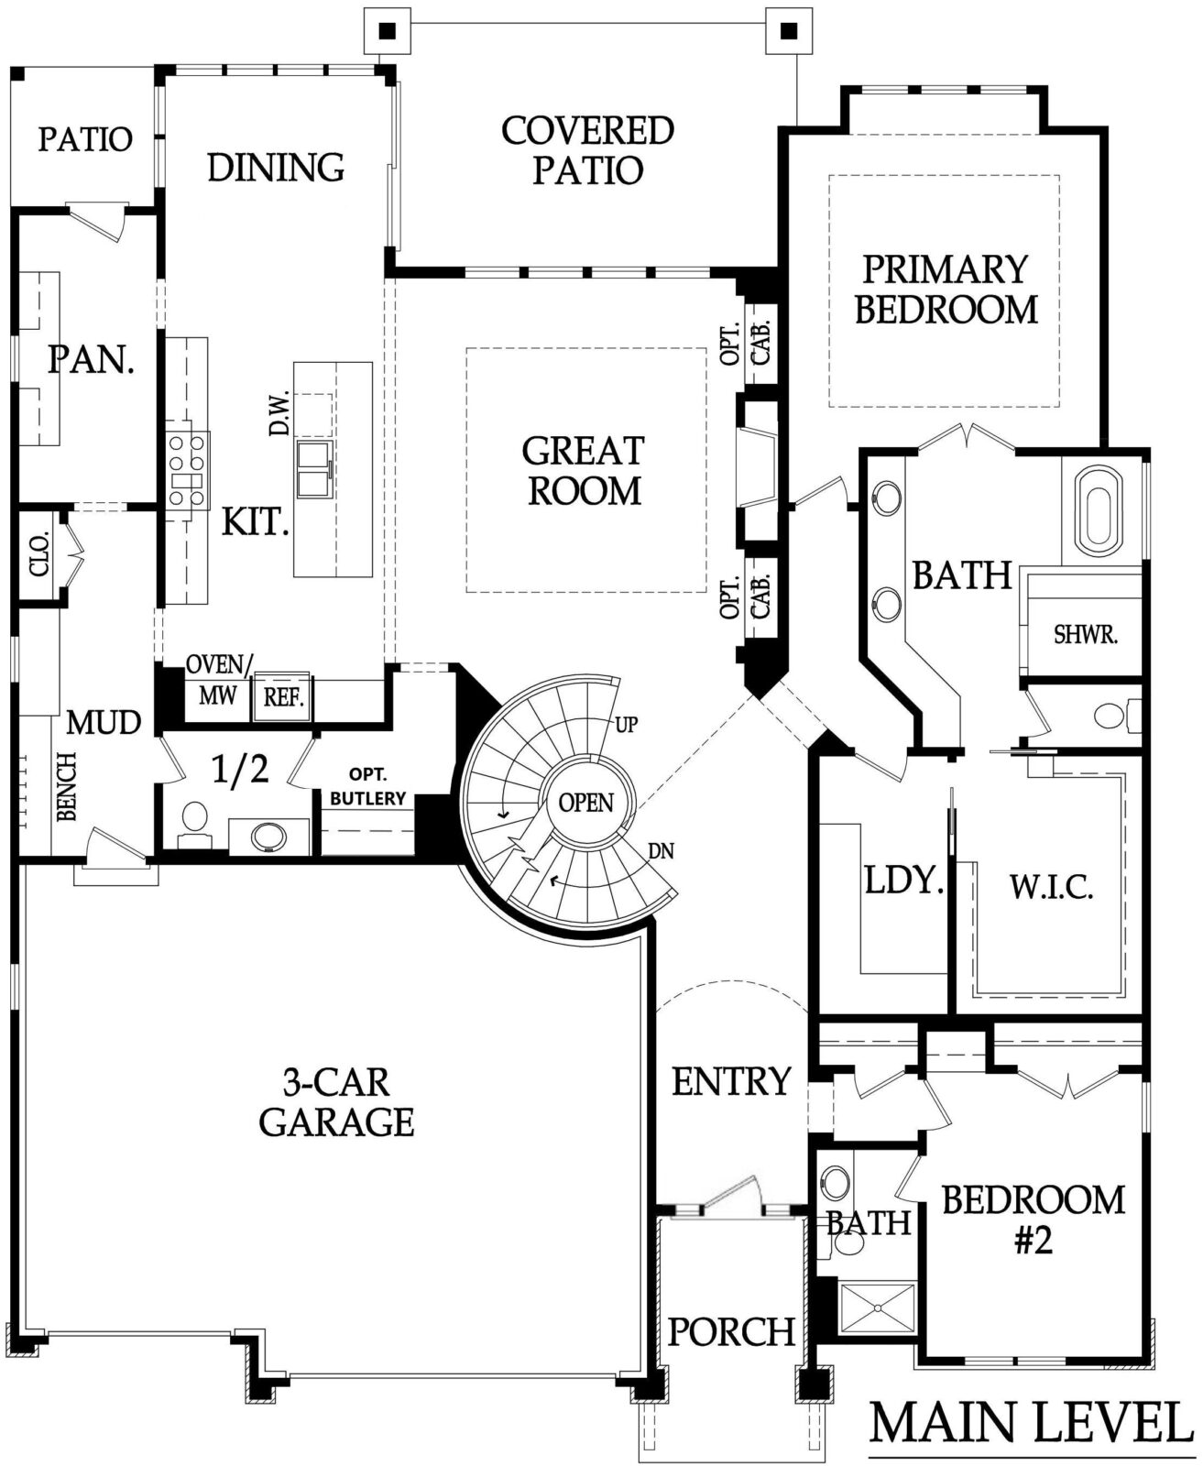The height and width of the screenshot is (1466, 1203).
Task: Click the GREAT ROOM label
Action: click(x=583, y=471)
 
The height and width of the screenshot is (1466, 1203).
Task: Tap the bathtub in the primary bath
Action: click(x=1098, y=507)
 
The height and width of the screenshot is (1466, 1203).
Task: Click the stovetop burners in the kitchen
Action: click(x=187, y=471)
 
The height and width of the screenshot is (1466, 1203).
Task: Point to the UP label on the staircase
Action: click(x=626, y=725)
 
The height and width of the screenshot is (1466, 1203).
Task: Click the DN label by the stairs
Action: click(x=661, y=851)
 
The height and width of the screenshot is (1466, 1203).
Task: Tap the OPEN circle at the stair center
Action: click(x=585, y=803)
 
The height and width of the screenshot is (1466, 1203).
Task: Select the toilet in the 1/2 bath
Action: click(x=194, y=825)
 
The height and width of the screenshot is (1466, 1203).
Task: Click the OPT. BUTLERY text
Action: click(x=367, y=786)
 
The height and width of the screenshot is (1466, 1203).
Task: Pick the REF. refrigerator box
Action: click(x=283, y=696)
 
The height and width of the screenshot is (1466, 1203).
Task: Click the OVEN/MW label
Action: click(x=217, y=679)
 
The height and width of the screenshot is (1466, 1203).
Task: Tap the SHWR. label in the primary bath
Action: click(x=1086, y=635)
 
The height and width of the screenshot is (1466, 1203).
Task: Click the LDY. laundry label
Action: click(x=904, y=880)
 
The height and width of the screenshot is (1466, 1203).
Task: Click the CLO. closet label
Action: click(x=39, y=554)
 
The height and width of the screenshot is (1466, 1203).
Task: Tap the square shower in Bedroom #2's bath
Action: click(x=879, y=1308)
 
